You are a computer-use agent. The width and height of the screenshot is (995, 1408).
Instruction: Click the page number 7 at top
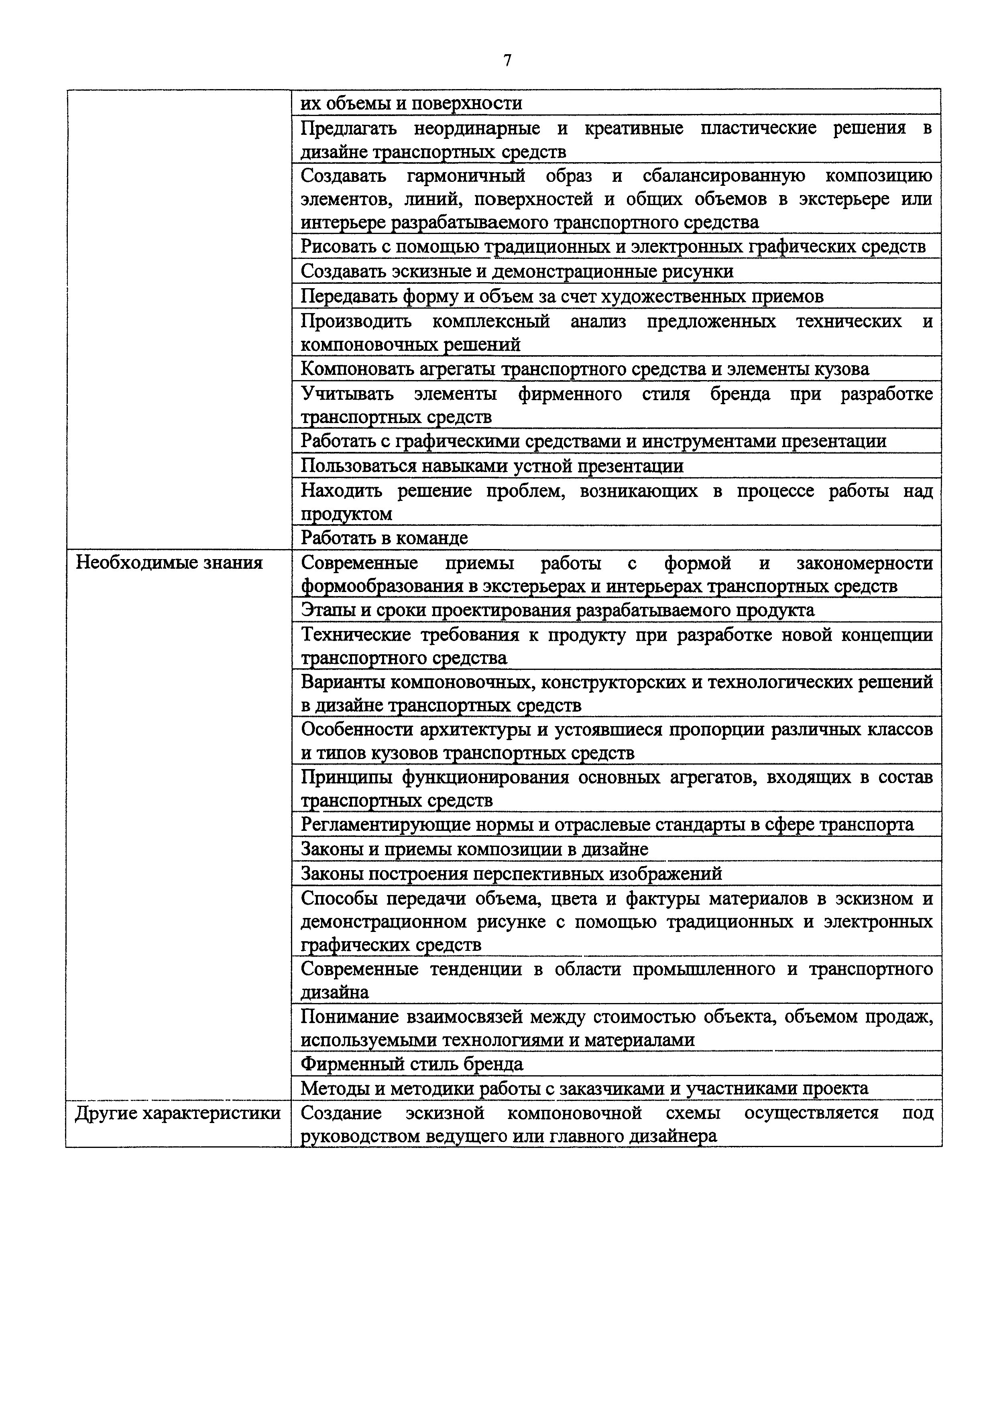point(507,60)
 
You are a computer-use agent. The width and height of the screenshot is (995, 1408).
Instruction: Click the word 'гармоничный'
point(466,176)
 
